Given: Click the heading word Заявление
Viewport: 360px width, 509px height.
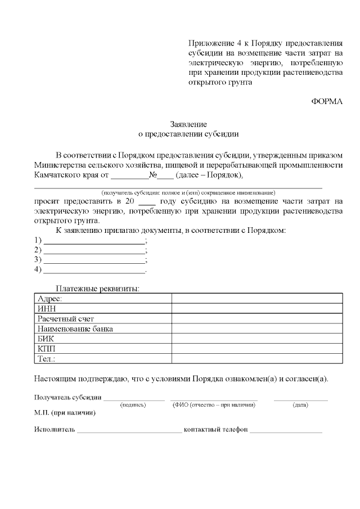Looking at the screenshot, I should click(x=189, y=124).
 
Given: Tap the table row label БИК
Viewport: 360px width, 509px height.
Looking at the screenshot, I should click(x=46, y=339).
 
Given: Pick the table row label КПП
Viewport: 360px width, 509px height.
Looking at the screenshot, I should click(x=46, y=349).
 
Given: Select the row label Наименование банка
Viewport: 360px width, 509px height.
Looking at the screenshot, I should click(x=75, y=329).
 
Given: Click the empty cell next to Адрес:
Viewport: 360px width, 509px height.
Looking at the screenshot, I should click(x=256, y=299).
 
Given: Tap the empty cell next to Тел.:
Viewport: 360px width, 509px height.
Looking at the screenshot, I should click(x=256, y=358).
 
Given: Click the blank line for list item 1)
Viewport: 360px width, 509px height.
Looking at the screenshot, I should click(x=94, y=241).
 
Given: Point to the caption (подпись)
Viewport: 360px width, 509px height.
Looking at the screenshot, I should click(x=133, y=404).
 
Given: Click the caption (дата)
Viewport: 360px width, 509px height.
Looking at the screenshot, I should click(x=300, y=404).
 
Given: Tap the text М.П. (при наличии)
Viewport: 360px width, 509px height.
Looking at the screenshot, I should click(x=65, y=413).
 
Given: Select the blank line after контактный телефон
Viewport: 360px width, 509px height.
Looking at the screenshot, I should click(x=286, y=430).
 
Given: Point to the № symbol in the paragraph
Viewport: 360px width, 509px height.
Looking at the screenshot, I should click(x=152, y=175).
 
